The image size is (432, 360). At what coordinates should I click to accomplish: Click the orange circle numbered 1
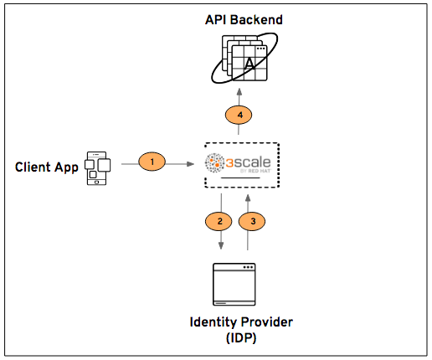pyautogui.click(x=152, y=161)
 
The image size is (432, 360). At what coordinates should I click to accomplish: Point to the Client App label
pyautogui.click(x=47, y=167)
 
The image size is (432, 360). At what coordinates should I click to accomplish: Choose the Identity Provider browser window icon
pyautogui.click(x=234, y=285)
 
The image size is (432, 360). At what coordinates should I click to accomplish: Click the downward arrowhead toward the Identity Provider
pyautogui.click(x=221, y=246)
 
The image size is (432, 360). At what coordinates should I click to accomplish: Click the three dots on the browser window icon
pyautogui.click(x=247, y=268)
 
